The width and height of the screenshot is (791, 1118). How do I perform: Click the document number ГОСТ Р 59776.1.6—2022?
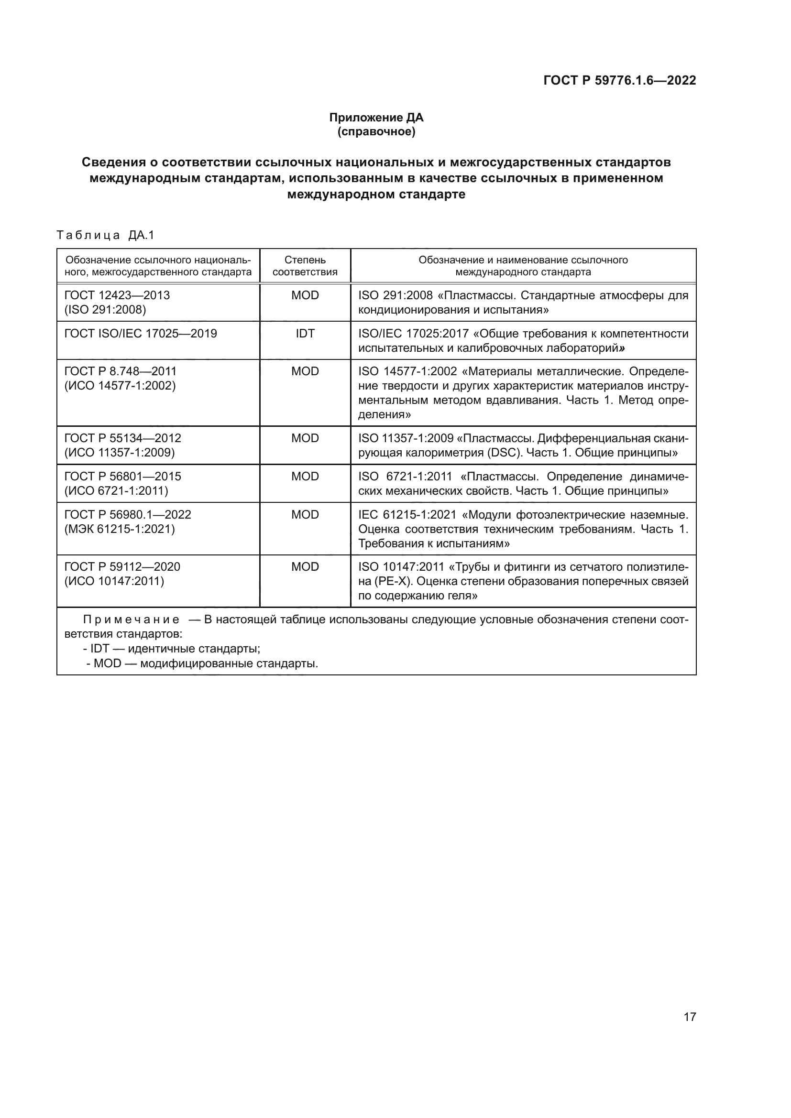click(x=619, y=80)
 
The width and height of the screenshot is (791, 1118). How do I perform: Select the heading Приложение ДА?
click(x=376, y=118)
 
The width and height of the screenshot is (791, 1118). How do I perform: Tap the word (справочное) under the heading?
click(x=376, y=131)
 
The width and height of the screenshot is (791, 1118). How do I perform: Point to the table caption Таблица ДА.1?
click(x=105, y=235)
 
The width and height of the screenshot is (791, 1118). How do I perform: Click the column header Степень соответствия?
click(x=305, y=266)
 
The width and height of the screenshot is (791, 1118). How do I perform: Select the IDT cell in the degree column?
click(x=305, y=334)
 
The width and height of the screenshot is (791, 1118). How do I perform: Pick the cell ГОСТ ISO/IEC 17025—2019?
click(x=141, y=334)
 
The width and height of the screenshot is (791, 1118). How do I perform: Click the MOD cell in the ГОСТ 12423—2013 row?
click(x=305, y=295)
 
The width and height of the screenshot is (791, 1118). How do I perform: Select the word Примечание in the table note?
click(x=131, y=620)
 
